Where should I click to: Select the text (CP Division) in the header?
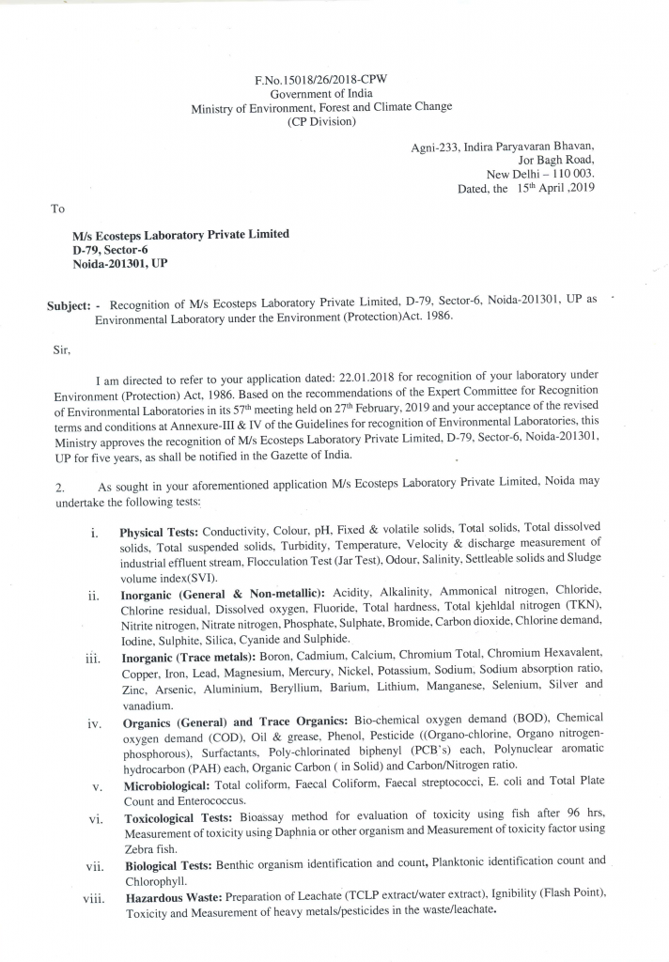point(321,121)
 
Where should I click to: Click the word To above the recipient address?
point(58,209)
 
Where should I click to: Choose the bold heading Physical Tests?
point(159,532)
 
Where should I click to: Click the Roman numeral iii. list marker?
point(93,659)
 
